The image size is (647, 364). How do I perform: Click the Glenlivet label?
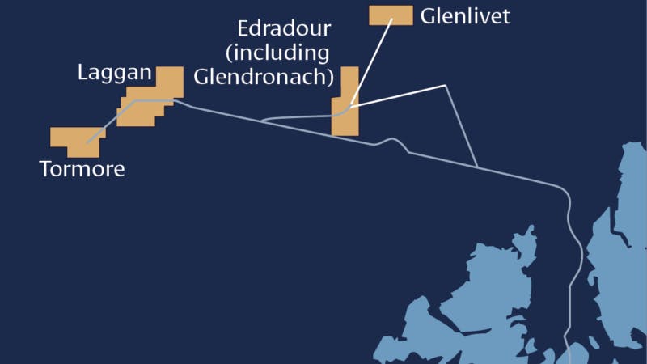tap(465, 15)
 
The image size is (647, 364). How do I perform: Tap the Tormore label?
tap(82, 170)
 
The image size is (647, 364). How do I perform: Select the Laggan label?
tap(114, 73)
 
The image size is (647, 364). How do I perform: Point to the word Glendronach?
tap(264, 78)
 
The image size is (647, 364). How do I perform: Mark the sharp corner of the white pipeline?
tap(446, 85)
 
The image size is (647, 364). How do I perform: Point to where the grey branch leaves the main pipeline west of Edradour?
tap(264, 121)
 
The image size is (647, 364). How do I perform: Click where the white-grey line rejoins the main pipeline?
tap(478, 167)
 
